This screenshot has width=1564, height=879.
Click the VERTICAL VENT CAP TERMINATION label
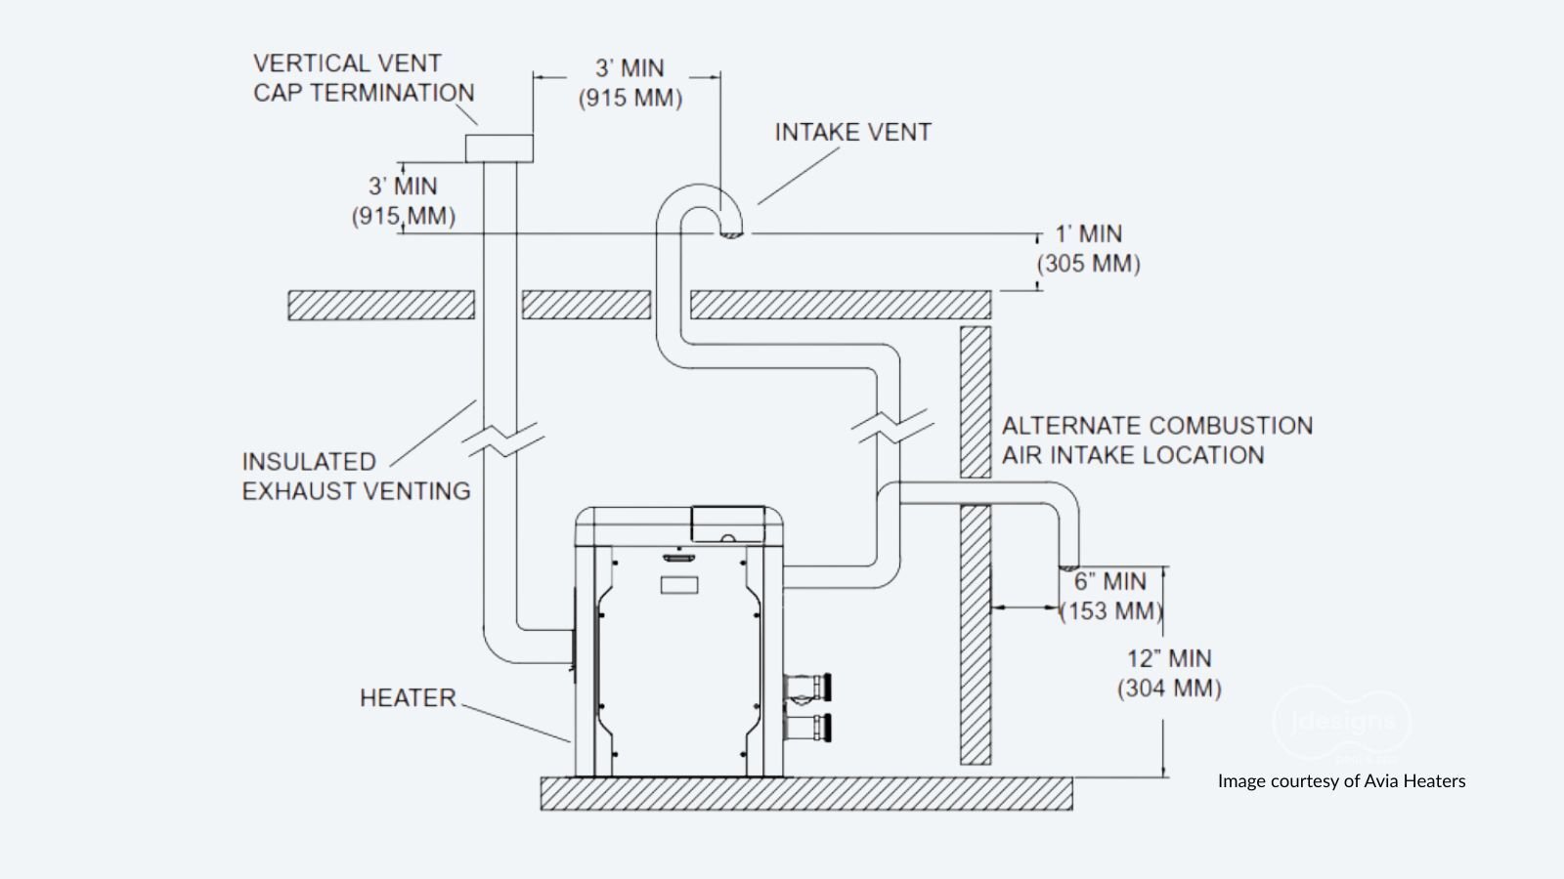(x=363, y=78)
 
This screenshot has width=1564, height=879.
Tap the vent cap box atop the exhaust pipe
(x=499, y=148)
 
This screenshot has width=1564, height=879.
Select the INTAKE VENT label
(x=852, y=133)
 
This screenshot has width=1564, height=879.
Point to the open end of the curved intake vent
(x=729, y=232)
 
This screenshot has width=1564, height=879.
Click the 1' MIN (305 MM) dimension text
(x=1088, y=249)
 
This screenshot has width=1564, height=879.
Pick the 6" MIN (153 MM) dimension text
(x=1110, y=596)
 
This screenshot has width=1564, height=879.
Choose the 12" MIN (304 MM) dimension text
(x=1169, y=674)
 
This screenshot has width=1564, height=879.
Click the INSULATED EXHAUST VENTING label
(x=356, y=476)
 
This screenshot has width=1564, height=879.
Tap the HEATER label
(x=408, y=698)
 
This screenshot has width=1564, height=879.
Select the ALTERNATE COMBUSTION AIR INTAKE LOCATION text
(x=1156, y=440)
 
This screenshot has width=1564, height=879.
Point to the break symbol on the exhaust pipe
(x=500, y=439)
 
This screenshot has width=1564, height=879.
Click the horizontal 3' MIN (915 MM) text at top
(x=630, y=83)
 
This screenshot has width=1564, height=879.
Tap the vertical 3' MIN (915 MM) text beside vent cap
(x=403, y=201)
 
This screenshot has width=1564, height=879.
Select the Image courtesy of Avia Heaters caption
(x=1341, y=780)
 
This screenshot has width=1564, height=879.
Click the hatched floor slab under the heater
(x=805, y=794)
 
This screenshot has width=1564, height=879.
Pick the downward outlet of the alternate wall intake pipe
(x=1069, y=565)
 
